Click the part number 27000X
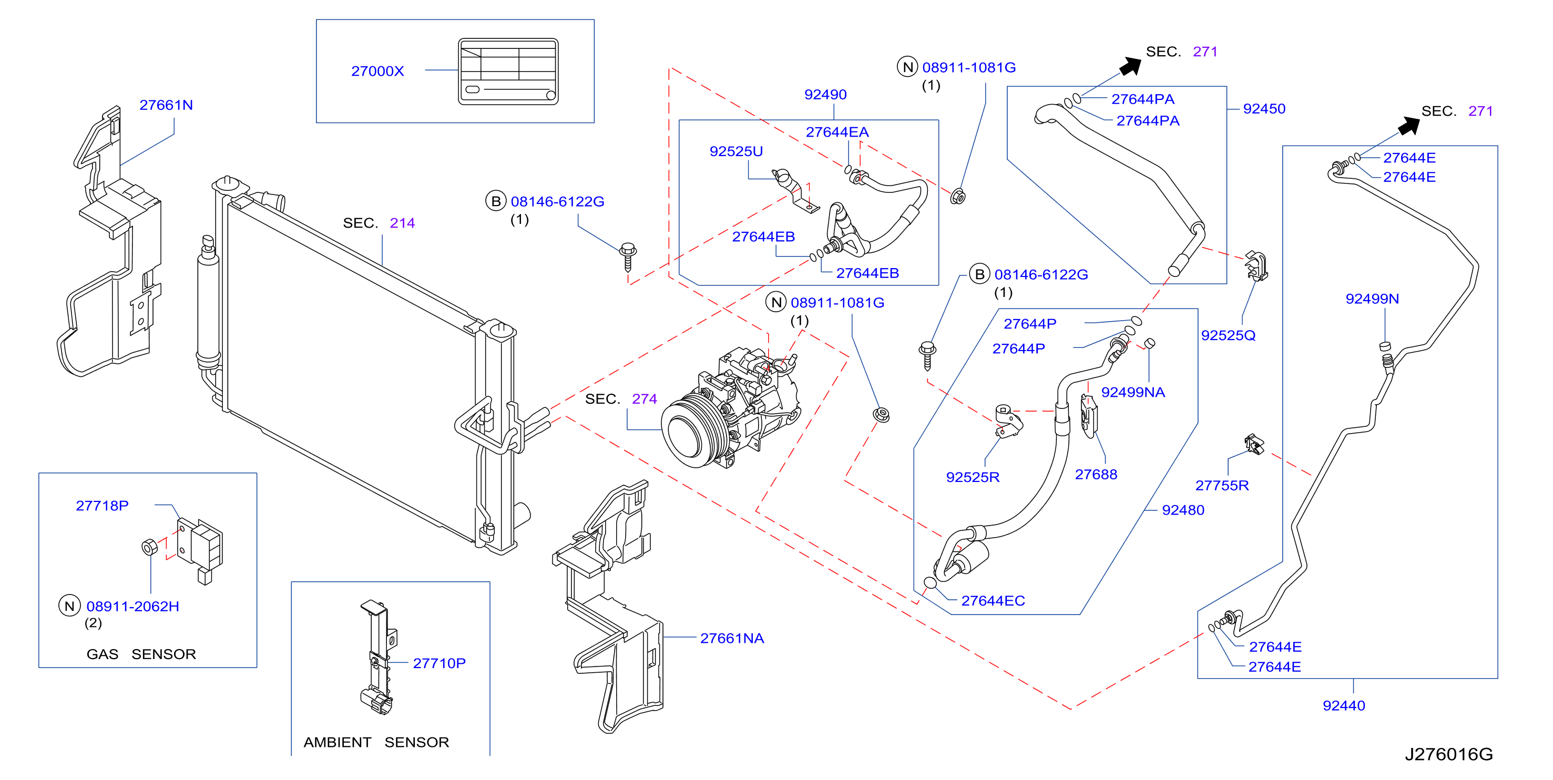point(377,71)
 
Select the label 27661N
point(166,105)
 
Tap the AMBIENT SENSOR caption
point(376,742)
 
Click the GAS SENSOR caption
point(141,654)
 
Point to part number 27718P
point(102,506)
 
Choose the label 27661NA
point(732,638)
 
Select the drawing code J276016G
point(1449,754)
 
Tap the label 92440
point(1344,705)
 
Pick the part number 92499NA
point(1133,393)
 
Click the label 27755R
point(1222,485)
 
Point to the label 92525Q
point(1228,335)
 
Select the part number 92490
point(825,95)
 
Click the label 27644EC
point(993,601)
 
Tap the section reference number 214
point(402,223)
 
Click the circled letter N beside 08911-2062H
point(69,606)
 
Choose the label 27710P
point(439,663)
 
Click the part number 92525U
point(736,151)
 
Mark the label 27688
point(1096,475)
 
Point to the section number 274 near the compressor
point(645,399)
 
